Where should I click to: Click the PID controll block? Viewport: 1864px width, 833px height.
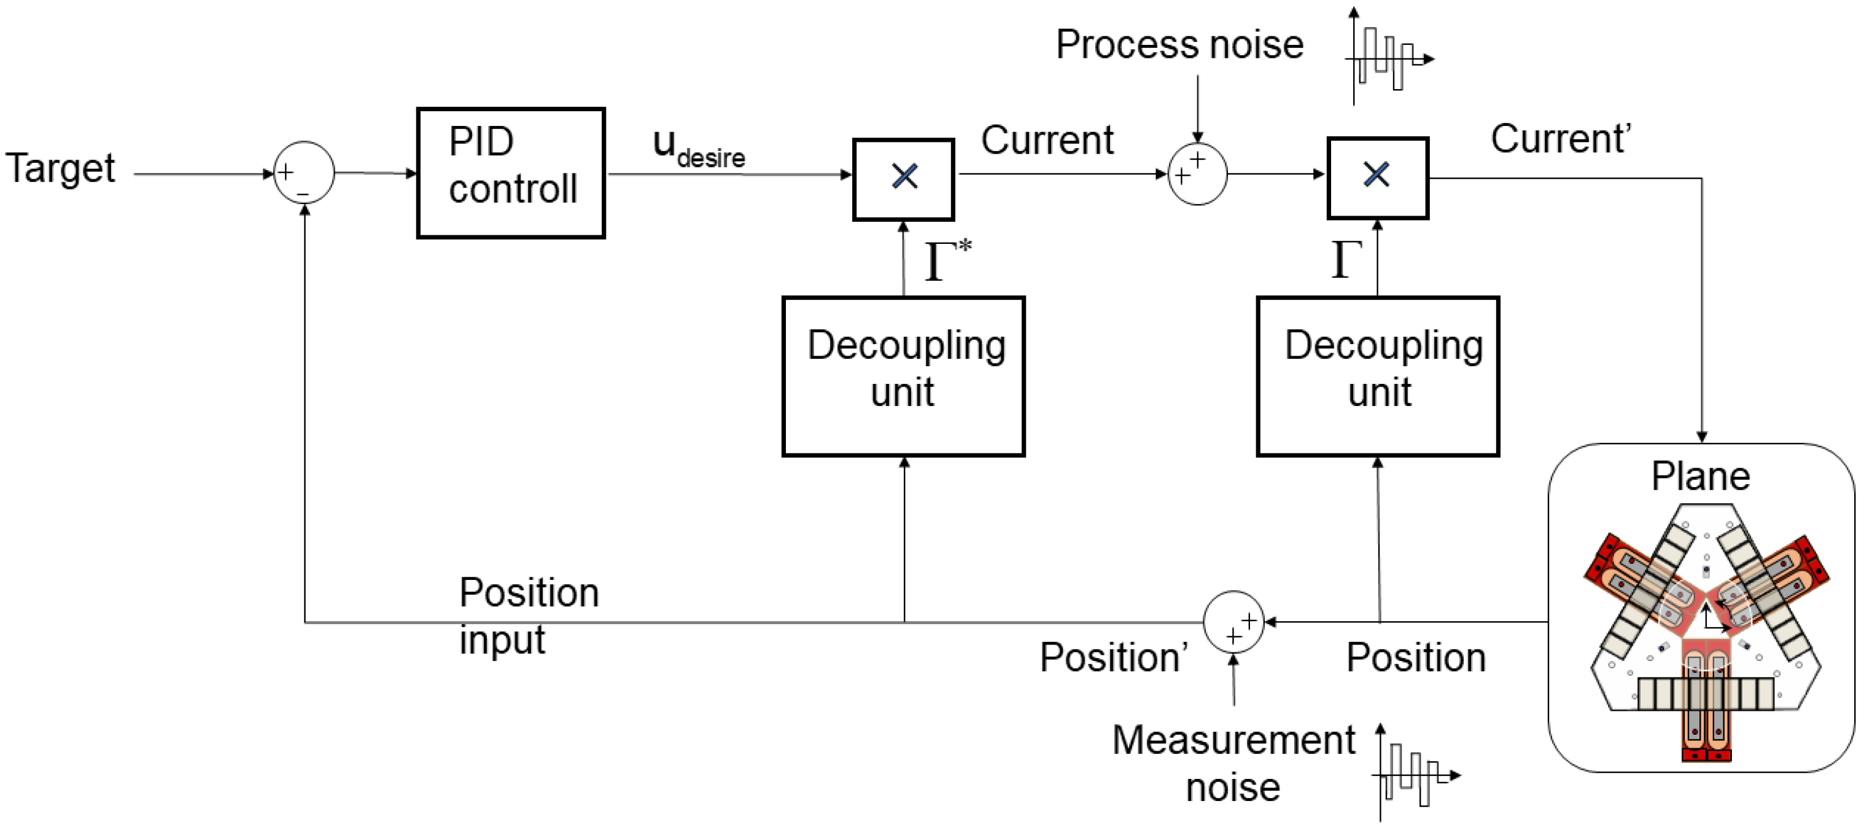click(511, 173)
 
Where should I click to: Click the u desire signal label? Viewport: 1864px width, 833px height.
click(698, 149)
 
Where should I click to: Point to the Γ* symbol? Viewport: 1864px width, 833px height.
click(948, 259)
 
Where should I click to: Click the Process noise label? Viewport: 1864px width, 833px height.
click(1179, 45)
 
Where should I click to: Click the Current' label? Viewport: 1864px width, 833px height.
click(1561, 138)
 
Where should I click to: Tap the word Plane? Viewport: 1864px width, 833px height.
click(1701, 476)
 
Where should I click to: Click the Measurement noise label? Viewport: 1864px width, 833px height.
click(1233, 763)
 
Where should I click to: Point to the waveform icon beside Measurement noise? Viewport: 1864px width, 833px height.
click(1416, 772)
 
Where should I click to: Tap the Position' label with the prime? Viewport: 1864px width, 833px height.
click(1114, 657)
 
